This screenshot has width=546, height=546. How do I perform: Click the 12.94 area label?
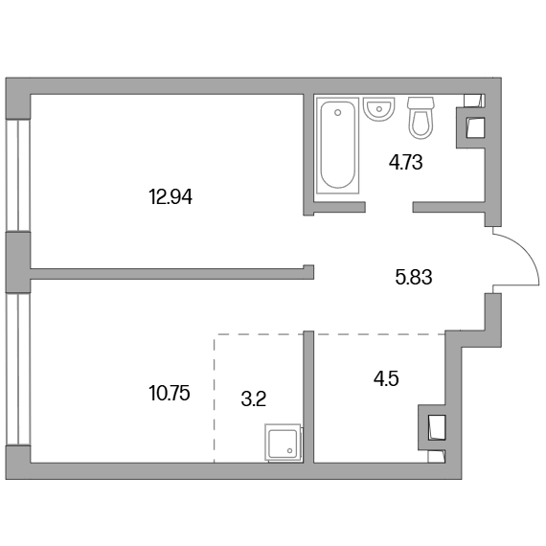[x=171, y=197]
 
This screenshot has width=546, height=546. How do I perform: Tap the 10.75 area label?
[x=170, y=394]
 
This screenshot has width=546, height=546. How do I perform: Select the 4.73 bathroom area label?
[x=406, y=162]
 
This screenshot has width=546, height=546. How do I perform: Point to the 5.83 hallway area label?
[x=414, y=278]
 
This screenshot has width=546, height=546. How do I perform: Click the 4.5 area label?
[x=386, y=379]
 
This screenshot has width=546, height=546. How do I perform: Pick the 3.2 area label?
[x=254, y=399]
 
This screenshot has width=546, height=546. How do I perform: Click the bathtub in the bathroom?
[x=337, y=146]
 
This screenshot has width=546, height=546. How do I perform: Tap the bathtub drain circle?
[x=337, y=112]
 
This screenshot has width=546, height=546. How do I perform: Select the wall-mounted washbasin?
[x=379, y=109]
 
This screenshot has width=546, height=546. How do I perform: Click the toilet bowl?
[x=421, y=124]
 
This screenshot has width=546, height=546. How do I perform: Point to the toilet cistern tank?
[x=421, y=102]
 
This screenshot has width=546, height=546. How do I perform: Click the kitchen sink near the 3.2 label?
[x=284, y=443]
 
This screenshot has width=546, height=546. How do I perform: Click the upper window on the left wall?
[x=18, y=176]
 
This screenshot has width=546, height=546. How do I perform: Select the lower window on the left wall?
[x=18, y=369]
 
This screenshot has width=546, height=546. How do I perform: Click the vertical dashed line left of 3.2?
[x=215, y=398]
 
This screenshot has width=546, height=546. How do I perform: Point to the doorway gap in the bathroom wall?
[x=389, y=207]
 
